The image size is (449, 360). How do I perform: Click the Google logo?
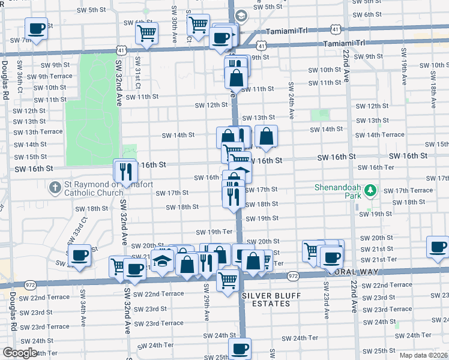[x=20, y=353]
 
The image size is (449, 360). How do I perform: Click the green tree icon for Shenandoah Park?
[x=370, y=190]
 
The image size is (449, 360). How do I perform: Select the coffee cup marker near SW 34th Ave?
[x=79, y=256]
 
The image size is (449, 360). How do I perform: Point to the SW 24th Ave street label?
[x=291, y=100]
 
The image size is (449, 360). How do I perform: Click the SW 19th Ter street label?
[x=214, y=232]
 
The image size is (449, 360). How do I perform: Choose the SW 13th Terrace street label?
[x=38, y=131]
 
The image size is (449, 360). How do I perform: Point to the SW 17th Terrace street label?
[x=407, y=190]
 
